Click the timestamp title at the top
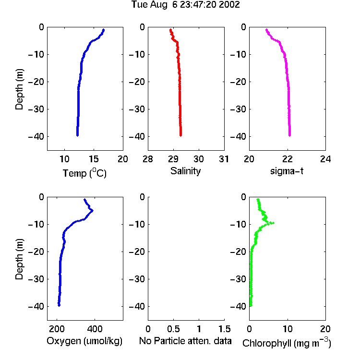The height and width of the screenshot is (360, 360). (x=185, y=4)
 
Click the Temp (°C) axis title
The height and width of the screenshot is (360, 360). (x=84, y=173)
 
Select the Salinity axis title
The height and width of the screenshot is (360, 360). (x=185, y=171)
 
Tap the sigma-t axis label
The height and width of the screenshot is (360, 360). (x=287, y=171)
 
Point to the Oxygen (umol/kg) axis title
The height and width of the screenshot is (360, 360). (x=84, y=341)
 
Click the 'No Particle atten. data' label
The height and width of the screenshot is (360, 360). (x=185, y=341)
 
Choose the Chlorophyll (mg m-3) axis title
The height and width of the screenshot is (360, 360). (x=287, y=343)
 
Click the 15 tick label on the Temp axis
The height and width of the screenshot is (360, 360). (x=94, y=159)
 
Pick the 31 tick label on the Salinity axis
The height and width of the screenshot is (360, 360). (x=224, y=159)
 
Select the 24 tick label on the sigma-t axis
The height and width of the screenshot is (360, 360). (x=325, y=159)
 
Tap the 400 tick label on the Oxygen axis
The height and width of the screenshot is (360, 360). (x=95, y=329)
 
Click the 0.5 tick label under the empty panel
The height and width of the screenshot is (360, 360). (x=173, y=329)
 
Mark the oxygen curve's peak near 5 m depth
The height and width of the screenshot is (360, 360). (x=92, y=210)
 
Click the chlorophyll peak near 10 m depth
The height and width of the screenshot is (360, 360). (x=273, y=223)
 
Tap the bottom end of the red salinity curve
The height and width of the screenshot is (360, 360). (x=180, y=135)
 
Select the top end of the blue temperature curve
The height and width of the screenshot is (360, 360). (x=104, y=30)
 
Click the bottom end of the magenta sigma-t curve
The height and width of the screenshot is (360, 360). (x=290, y=135)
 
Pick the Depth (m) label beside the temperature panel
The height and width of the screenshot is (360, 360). (x=19, y=89)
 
